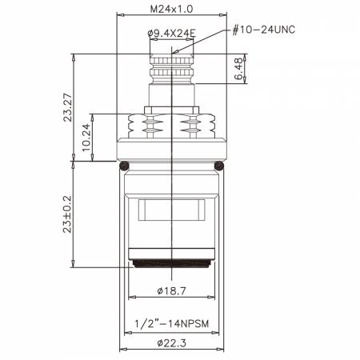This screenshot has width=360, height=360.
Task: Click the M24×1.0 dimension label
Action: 172,9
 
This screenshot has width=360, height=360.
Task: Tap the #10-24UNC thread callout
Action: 264,30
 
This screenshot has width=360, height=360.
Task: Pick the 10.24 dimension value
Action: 86,133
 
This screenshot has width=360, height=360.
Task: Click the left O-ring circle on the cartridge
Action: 124,166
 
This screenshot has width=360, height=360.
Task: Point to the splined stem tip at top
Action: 171,60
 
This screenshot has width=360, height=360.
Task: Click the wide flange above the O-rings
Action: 171,149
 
